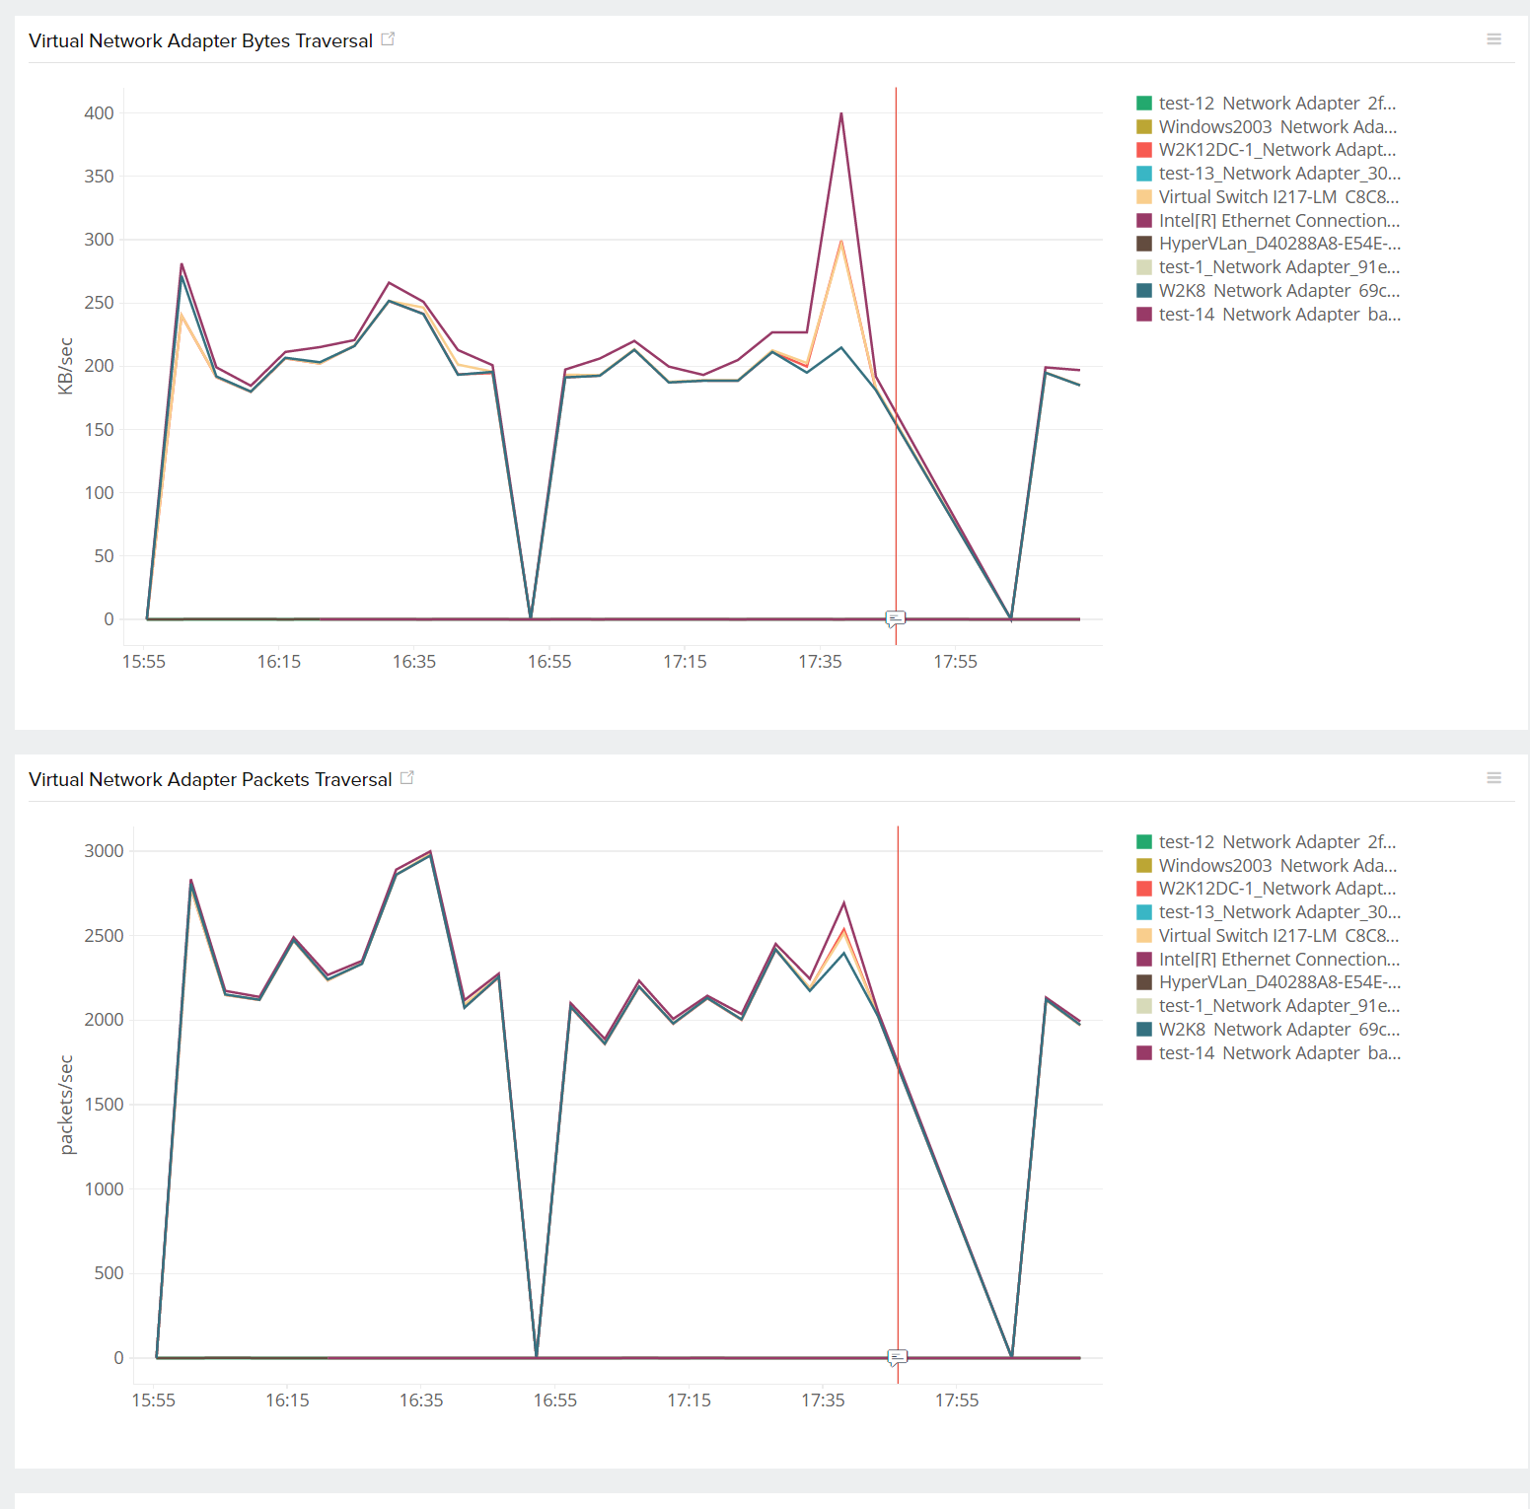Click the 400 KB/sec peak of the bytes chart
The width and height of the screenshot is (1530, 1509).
click(841, 113)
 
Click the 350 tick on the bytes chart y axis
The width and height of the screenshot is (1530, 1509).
click(99, 177)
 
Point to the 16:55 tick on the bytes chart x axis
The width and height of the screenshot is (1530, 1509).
click(549, 662)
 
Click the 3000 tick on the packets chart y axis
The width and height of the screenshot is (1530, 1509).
click(104, 851)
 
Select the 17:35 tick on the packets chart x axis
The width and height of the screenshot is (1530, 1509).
click(823, 1401)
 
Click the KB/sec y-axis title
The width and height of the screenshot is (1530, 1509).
click(66, 366)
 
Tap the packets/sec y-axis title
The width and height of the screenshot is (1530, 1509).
click(66, 1105)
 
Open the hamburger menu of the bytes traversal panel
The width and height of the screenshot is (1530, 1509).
click(1494, 39)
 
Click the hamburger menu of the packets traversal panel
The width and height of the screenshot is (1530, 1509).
click(1494, 778)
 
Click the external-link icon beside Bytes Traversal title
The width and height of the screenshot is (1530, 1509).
click(388, 39)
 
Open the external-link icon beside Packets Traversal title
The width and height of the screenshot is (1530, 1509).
click(406, 778)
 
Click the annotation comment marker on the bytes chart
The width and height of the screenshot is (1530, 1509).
click(896, 618)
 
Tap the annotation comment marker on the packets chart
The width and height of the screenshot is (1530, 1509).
click(898, 1357)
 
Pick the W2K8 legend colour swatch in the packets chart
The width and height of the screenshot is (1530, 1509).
click(1144, 1030)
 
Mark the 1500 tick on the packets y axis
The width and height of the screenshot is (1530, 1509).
click(104, 1105)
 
